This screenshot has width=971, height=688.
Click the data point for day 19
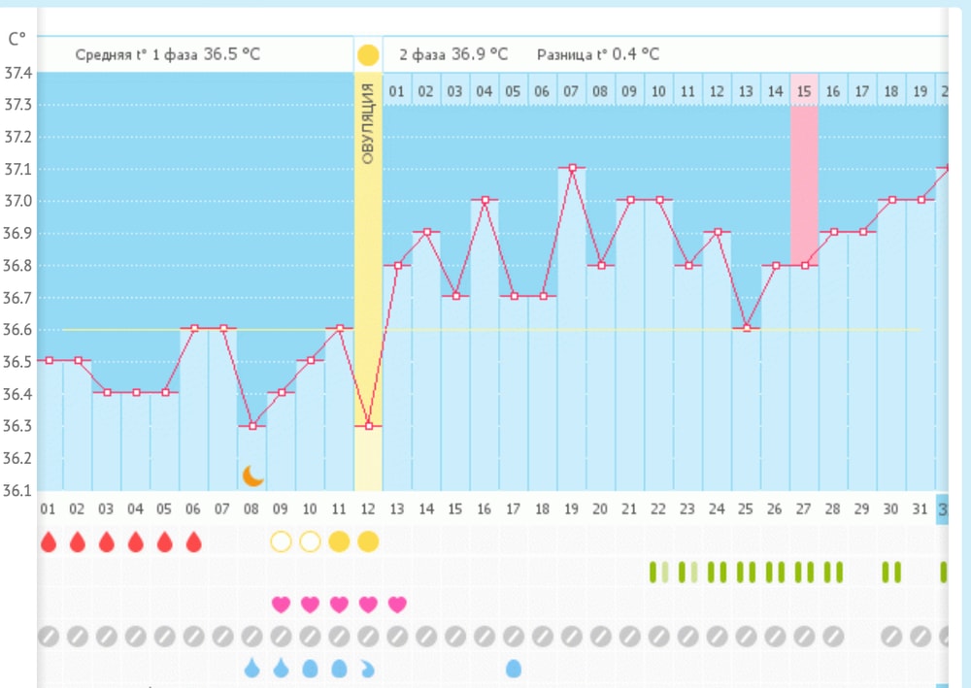click(x=572, y=168)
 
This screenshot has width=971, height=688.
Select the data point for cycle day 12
click(x=368, y=425)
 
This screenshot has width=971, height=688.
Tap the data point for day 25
click(x=746, y=328)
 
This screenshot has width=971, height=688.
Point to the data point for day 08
click(x=252, y=425)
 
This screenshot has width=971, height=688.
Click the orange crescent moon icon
click(x=252, y=475)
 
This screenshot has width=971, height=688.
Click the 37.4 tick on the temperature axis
click(x=18, y=73)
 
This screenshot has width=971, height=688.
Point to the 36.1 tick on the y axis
click(x=18, y=489)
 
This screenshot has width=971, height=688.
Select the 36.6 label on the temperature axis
click(x=18, y=329)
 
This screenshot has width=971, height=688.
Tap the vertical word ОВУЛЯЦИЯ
click(x=368, y=123)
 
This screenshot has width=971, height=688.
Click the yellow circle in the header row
click(x=368, y=54)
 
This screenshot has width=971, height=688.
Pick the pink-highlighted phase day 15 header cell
click(x=804, y=91)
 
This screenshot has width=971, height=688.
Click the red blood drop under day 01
click(x=48, y=541)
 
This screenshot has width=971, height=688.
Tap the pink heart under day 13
click(x=397, y=605)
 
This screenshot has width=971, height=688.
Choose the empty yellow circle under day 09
click(x=281, y=541)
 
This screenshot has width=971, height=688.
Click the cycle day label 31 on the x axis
click(x=920, y=509)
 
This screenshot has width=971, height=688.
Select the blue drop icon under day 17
click(x=514, y=669)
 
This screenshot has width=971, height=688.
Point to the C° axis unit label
click(x=17, y=39)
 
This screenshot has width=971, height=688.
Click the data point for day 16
click(x=485, y=200)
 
